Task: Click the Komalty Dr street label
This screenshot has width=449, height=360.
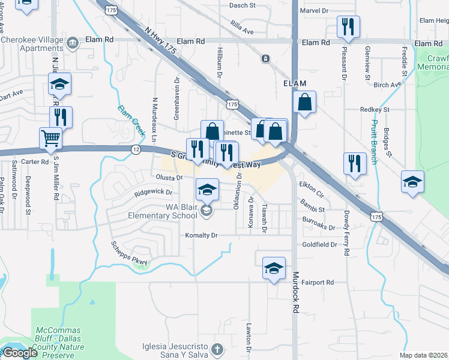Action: tap(201, 236)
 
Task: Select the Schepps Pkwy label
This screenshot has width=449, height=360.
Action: tap(129, 253)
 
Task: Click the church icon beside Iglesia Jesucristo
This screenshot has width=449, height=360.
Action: tap(217, 348)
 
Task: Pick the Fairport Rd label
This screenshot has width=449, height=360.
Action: tap(318, 282)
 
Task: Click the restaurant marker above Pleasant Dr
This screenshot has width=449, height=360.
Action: tap(348, 26)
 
